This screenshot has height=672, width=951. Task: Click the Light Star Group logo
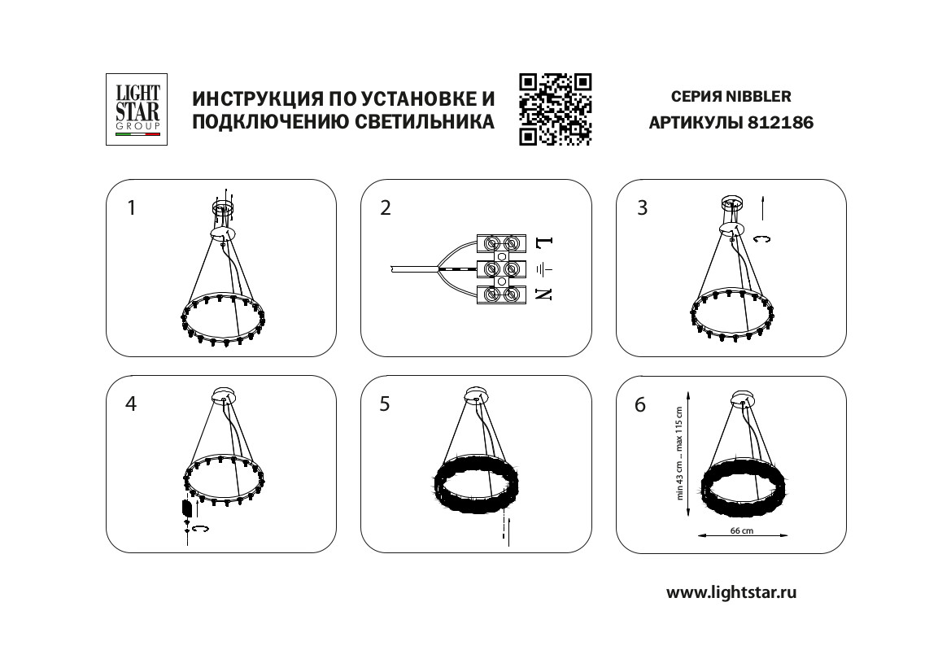point(137,109)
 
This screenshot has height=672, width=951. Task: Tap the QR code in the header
point(555,109)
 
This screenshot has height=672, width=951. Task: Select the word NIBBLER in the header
point(759,97)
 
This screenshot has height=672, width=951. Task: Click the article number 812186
point(781,123)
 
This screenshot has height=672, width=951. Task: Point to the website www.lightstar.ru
point(731,592)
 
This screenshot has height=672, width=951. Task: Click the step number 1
point(132,208)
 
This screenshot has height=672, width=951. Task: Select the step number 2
point(386,208)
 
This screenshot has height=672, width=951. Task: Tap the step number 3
point(643,208)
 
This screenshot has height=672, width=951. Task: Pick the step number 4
point(131,404)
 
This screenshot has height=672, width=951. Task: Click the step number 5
point(385,404)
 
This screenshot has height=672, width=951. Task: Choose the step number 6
point(640,404)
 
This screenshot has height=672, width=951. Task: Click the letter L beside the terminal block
point(544,242)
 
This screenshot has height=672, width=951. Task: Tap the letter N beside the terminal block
point(544,295)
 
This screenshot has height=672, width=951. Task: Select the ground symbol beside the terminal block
point(544,268)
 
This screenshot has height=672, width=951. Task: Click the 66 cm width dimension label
point(742,530)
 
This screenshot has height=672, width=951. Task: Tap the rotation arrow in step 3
point(761,239)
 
